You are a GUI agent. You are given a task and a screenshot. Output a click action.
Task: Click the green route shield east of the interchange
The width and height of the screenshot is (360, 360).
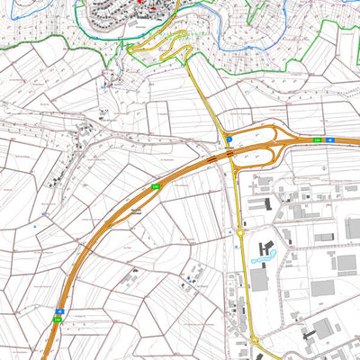317,140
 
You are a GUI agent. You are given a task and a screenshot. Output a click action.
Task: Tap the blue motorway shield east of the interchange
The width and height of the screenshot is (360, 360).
329,140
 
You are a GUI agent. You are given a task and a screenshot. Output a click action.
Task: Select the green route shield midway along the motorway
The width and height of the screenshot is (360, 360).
155,185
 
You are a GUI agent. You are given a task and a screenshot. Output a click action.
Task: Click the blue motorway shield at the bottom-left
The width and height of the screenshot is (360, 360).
58,310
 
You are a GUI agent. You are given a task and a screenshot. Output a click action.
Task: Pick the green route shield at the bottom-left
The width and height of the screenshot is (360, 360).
57,318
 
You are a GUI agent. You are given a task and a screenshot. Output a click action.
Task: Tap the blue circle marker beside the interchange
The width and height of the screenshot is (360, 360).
229,139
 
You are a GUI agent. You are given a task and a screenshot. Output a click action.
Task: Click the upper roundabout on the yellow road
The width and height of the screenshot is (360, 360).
240,231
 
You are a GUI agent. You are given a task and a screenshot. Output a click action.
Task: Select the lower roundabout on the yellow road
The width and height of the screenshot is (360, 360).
253,340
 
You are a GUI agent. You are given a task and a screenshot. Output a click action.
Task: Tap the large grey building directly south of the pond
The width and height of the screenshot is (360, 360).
259,280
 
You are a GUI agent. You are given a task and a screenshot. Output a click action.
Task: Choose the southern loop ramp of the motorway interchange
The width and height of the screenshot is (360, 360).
261,159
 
